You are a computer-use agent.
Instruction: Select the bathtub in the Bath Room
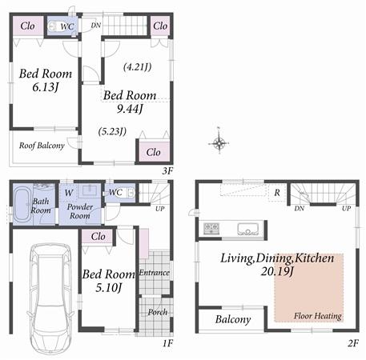[22, 206]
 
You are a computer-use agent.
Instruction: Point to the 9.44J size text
[129, 109]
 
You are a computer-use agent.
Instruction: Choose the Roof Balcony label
[42, 146]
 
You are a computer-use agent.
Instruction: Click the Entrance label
[155, 274]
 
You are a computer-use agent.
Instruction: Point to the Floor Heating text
[317, 316]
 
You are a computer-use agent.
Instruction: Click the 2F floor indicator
[352, 343]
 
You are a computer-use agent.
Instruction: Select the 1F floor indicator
[167, 343]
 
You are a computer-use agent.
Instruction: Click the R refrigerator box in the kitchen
[277, 193]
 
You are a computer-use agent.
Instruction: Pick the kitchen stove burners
[211, 228]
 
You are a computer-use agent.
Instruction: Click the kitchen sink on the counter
[249, 230]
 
